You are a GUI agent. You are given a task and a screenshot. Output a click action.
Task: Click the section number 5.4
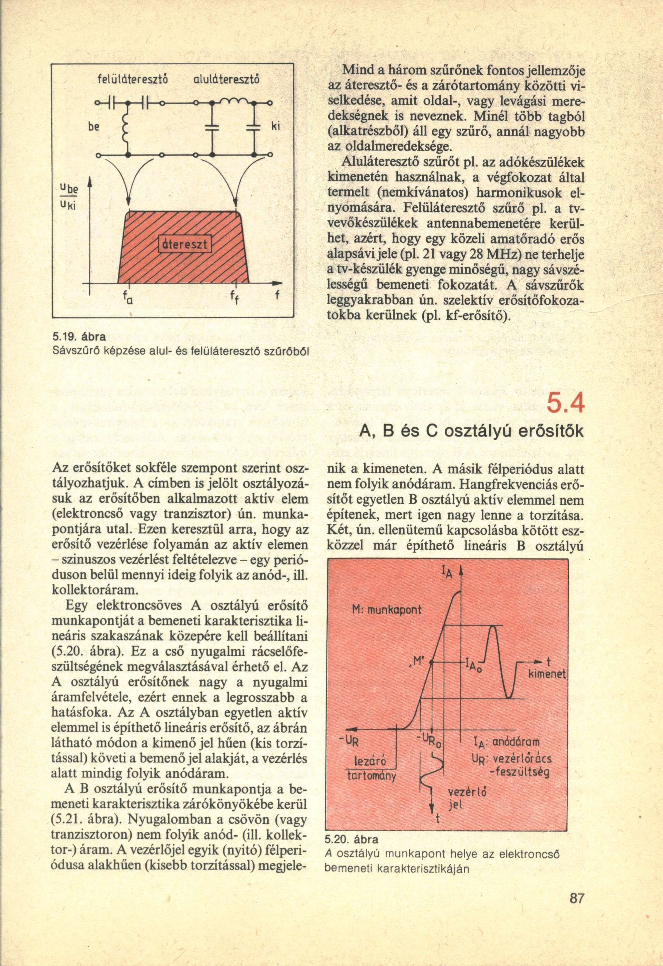(565, 403)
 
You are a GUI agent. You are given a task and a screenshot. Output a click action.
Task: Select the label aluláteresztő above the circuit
(227, 78)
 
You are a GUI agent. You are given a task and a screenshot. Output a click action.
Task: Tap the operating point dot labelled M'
(431, 662)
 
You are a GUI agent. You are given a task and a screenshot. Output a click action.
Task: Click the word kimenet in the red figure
(547, 676)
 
